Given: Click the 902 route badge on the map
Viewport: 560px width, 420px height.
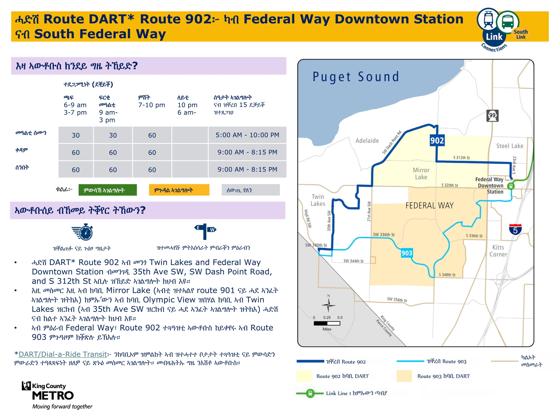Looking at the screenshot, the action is point(437,140).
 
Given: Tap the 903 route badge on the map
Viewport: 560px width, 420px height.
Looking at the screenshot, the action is point(407,253).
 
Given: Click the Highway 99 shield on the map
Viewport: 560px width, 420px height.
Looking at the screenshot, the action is point(492,116).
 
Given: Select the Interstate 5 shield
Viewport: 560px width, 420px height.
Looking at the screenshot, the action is point(515,229).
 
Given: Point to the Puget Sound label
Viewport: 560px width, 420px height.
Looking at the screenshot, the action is point(356,77).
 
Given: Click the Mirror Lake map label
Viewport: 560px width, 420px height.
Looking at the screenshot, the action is point(421,174).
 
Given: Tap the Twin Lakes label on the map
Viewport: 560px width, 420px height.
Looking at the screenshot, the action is point(318,200).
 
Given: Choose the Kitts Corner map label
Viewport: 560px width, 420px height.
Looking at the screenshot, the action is point(498,251).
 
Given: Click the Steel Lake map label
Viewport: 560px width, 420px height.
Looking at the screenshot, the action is point(510,146).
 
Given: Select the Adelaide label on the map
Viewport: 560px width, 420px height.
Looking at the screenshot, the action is point(367,141).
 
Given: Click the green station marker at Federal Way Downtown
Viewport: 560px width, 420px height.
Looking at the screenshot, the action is point(511,186).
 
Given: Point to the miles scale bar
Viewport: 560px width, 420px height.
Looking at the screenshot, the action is point(327,323).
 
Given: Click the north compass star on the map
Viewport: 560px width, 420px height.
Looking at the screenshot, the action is point(328,305).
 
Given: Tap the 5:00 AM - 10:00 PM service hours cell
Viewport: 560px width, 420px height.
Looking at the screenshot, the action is point(247,135).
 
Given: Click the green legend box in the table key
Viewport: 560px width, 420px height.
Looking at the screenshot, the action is point(108,190).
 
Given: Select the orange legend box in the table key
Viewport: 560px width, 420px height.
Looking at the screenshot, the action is point(179,190).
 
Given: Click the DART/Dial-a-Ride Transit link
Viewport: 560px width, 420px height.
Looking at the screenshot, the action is point(63,354).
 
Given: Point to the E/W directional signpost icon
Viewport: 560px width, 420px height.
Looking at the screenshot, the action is point(205,232).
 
